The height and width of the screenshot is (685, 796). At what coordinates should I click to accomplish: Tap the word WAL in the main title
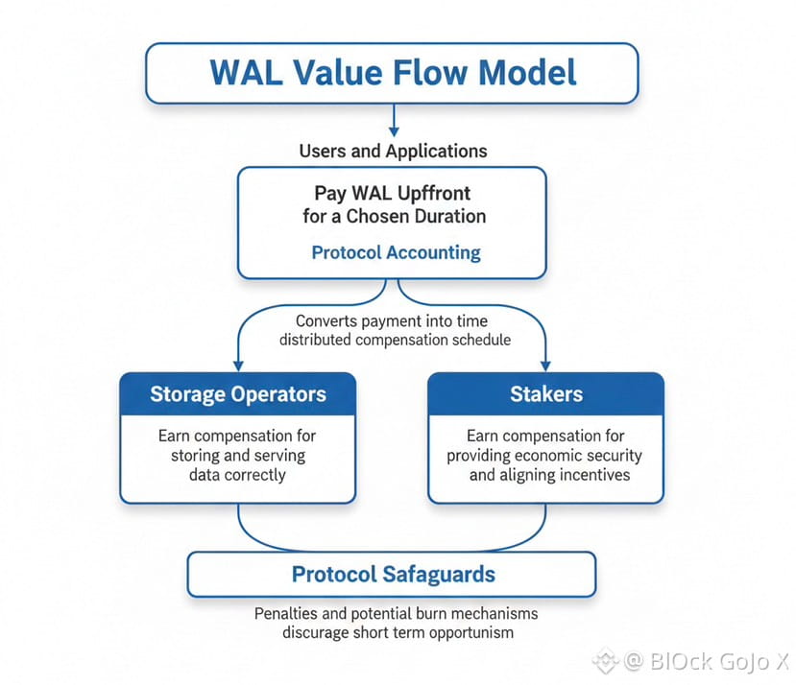click(x=246, y=72)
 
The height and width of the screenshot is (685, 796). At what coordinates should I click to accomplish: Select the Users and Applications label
click(x=393, y=152)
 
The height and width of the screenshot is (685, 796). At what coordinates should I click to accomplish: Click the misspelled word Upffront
click(x=434, y=194)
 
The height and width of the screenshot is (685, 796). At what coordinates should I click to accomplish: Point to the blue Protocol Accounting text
click(x=396, y=252)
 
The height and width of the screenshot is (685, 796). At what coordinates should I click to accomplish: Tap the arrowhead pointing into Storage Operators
click(x=238, y=366)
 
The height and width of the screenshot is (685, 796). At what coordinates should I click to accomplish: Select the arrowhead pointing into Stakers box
click(x=545, y=366)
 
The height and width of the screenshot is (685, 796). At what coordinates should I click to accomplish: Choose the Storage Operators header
click(x=238, y=394)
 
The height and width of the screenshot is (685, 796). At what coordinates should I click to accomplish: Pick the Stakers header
click(x=546, y=394)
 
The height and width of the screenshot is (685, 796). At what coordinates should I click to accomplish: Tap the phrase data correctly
click(x=237, y=475)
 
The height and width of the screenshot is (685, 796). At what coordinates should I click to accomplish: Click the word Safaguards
click(x=439, y=575)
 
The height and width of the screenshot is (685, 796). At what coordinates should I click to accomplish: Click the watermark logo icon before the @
click(x=606, y=661)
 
